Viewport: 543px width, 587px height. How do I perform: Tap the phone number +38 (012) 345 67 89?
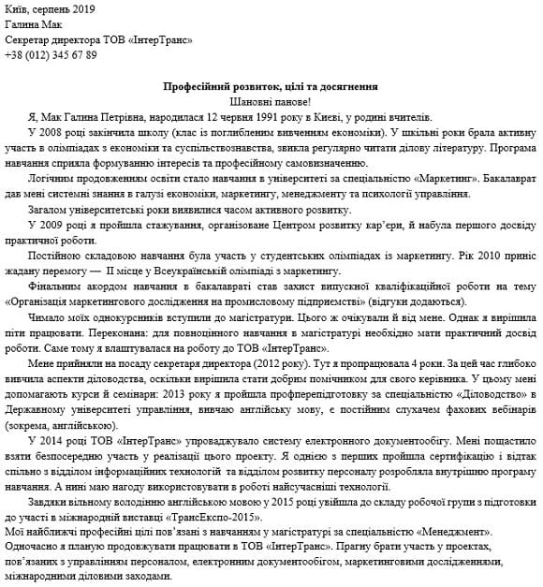pos(51,54)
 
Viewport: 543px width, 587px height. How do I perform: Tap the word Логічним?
pos(51,178)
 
